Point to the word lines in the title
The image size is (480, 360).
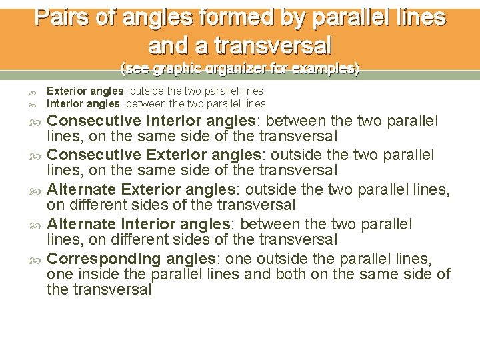click(419, 16)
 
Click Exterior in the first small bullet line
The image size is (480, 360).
click(64, 91)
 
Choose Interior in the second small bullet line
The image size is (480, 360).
click(63, 103)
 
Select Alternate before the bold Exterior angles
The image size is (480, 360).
click(81, 189)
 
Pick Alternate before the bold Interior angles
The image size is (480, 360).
click(81, 224)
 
